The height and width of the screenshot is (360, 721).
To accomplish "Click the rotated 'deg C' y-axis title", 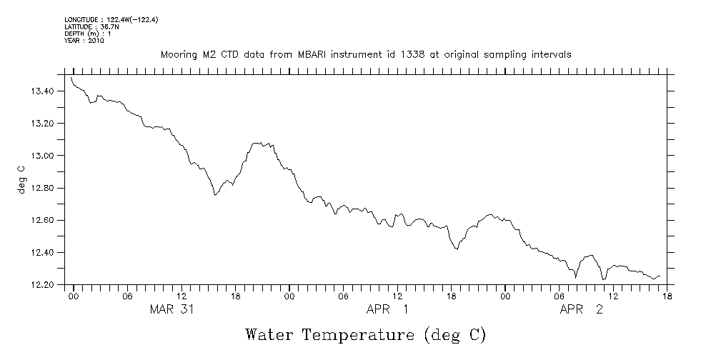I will tap(21, 179).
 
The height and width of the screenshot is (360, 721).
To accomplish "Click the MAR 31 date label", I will tap(171, 309).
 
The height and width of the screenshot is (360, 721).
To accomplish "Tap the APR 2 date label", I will tap(581, 309).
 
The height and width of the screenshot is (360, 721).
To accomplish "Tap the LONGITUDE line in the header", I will tap(111, 20).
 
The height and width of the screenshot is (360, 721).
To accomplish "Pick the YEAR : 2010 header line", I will tap(84, 41).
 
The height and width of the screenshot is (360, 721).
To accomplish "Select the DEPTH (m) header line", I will tap(87, 34).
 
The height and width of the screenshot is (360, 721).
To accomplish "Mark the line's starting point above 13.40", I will tap(72, 77).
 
